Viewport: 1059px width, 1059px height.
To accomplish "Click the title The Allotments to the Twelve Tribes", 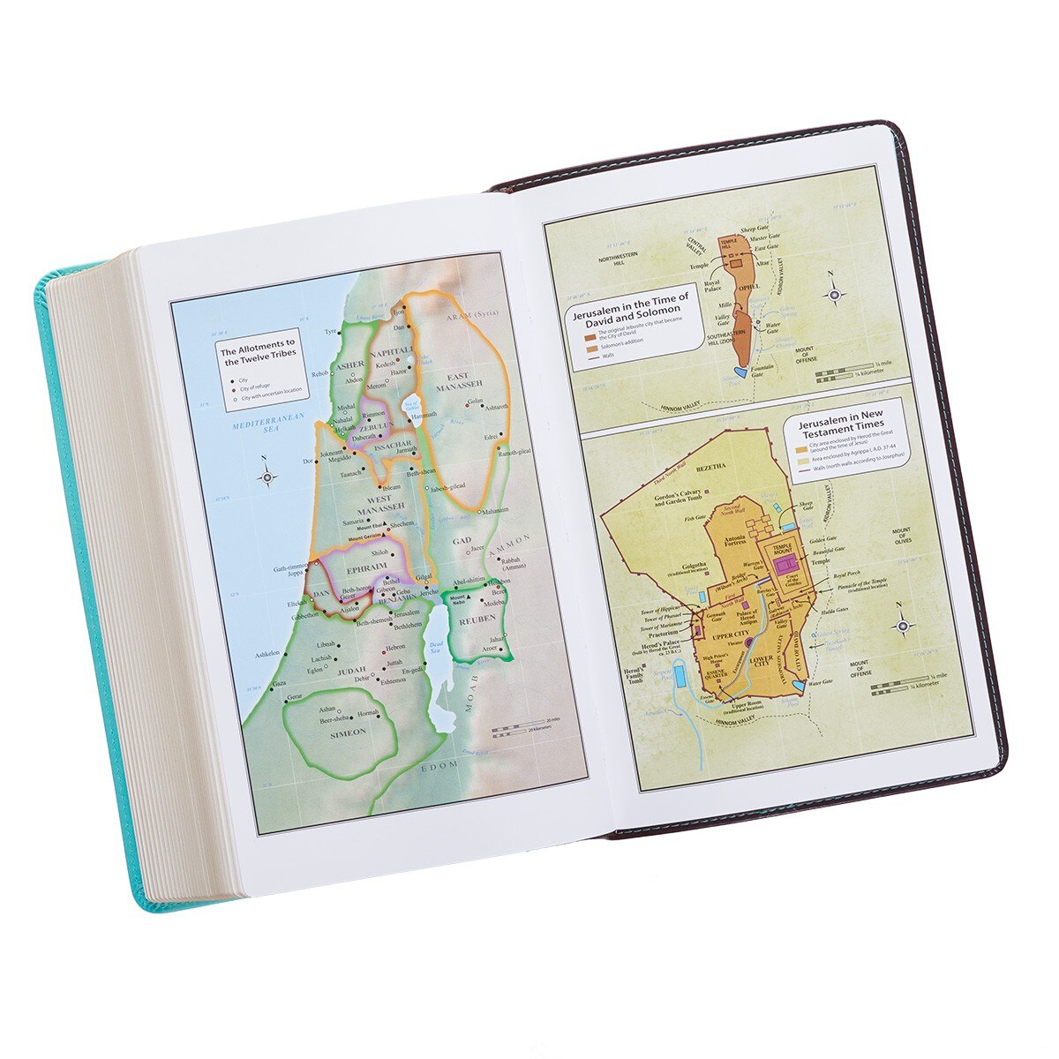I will click(259, 356).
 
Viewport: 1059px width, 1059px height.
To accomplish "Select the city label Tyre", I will click(332, 333).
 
